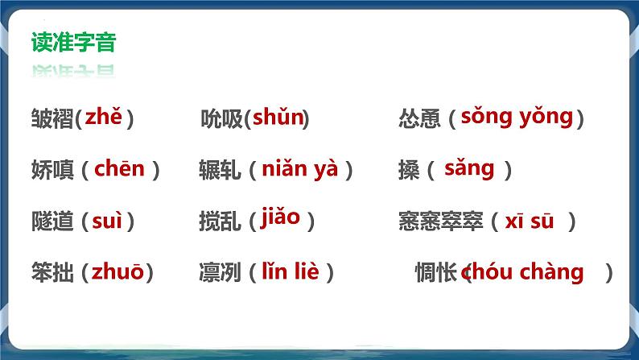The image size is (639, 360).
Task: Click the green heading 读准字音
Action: coord(74,42)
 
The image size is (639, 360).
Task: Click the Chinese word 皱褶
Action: coord(52,118)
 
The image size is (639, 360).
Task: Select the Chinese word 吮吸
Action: coord(221,118)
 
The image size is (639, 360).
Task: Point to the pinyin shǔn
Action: coord(278,117)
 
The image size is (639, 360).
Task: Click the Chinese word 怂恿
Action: coord(420,118)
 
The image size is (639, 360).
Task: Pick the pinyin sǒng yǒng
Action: coord(517,118)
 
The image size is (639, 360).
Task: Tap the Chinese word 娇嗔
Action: coord(52,170)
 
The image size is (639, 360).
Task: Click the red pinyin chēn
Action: coord(119,168)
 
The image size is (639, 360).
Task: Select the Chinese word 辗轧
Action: coord(220,170)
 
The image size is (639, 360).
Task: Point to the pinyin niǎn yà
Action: coord(300,169)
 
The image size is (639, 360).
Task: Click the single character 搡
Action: coord(409,170)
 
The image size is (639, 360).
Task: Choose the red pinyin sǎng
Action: coord(469,169)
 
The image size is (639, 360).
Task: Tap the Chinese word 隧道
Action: coord(52,221)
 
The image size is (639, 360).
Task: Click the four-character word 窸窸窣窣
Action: coord(441,221)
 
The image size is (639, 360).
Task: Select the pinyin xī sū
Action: coord(530,221)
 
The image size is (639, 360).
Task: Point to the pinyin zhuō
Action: coord(117,271)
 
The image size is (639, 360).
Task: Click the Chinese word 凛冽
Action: coord(220,272)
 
